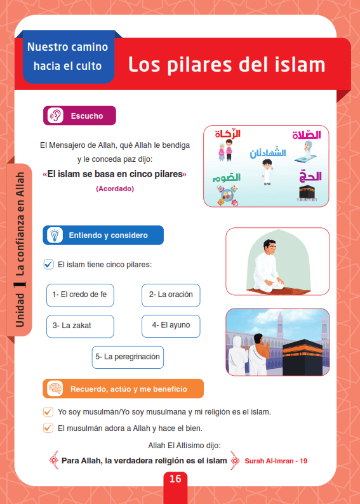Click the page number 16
pyautogui.click(x=175, y=479)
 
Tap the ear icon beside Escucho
pyautogui.click(x=55, y=116)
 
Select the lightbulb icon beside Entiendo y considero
pyautogui.click(x=55, y=235)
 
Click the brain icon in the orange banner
pyautogui.click(x=55, y=388)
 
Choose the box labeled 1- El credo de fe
pyautogui.click(x=80, y=295)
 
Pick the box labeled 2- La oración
pyautogui.click(x=171, y=295)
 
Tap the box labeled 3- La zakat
pyautogui.click(x=80, y=326)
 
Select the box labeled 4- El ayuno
pyautogui.click(x=171, y=326)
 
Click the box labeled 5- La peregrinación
pyautogui.click(x=128, y=357)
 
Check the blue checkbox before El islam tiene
pyautogui.click(x=48, y=265)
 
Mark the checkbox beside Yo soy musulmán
pyautogui.click(x=48, y=412)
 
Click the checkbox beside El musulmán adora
pyautogui.click(x=48, y=428)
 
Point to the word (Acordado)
pyautogui.click(x=115, y=189)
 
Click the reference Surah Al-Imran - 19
pyautogui.click(x=276, y=461)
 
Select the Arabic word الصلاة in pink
pyautogui.click(x=307, y=135)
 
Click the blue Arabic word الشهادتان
pyautogui.click(x=268, y=153)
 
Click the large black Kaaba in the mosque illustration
pyautogui.click(x=302, y=357)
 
